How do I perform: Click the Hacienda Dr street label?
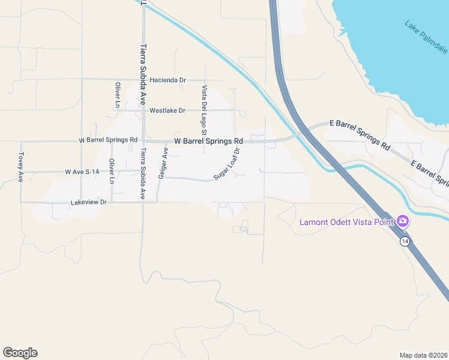[x=169, y=79]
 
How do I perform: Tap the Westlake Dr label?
[x=167, y=110]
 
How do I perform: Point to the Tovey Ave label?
[x=20, y=167]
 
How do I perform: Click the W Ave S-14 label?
[x=82, y=172]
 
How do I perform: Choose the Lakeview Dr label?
[x=88, y=202]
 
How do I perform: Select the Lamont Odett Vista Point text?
[x=347, y=223]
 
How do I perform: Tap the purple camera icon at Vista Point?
[x=403, y=221]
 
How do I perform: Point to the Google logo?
[x=20, y=353]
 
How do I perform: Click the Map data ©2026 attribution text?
[x=424, y=355]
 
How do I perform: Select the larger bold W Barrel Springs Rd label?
[x=208, y=141]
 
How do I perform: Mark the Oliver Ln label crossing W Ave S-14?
[x=112, y=171]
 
